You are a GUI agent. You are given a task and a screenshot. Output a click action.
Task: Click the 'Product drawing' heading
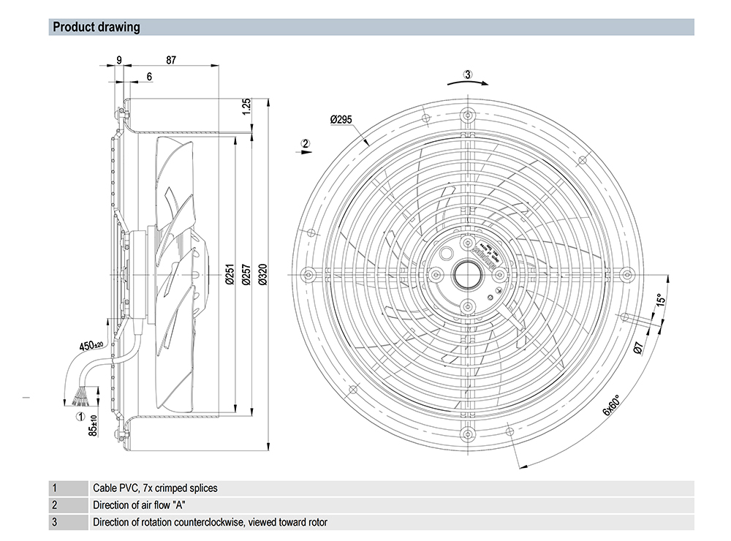tap(96, 28)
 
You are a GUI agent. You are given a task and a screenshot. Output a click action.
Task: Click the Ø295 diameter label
tap(342, 118)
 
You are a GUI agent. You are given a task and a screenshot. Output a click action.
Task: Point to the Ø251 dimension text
tap(229, 273)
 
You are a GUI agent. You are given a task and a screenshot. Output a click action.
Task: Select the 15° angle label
tap(659, 300)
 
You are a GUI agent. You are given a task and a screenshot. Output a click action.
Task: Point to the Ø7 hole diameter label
tap(638, 348)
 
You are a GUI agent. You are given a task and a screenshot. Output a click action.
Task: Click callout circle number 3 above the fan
tap(469, 74)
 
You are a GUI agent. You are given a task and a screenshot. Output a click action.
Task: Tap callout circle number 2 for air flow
tap(306, 143)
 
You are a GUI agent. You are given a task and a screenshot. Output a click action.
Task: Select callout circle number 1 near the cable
tap(80, 417)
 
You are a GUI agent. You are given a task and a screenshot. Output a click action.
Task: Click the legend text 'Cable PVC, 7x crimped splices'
tap(155, 488)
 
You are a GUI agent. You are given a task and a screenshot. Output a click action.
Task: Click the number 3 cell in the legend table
tap(55, 522)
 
